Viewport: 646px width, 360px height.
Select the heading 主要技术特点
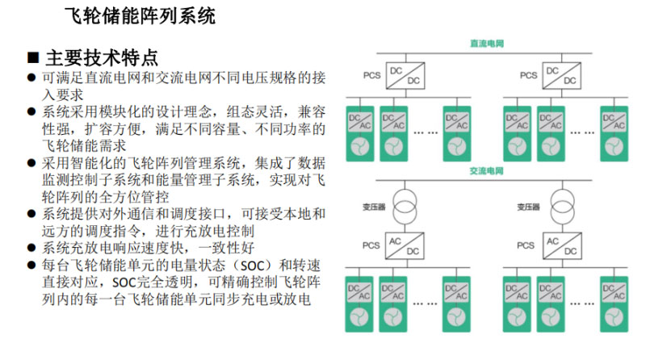point(102,58)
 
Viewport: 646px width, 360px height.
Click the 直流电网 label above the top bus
point(487,44)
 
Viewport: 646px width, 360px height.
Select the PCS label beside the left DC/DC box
point(371,75)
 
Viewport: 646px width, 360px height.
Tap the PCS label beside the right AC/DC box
point(526,245)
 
